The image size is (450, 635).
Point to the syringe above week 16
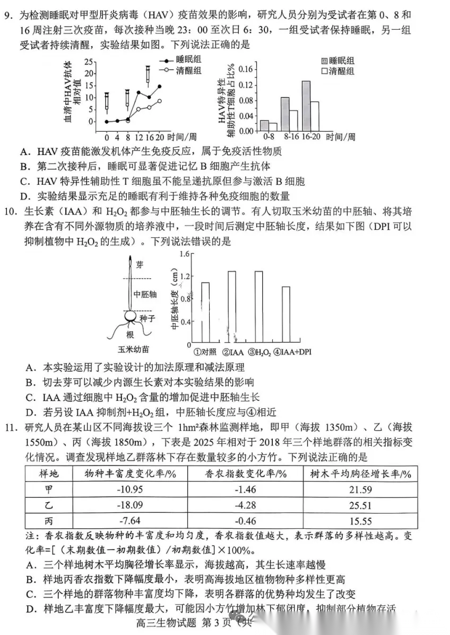[149, 74]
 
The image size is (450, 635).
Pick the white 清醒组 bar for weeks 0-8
[273, 126]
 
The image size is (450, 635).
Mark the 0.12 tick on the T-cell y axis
[246, 85]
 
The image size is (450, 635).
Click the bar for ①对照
[205, 312]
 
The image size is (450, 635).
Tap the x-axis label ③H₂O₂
[259, 350]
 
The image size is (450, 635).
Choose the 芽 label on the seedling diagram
[140, 263]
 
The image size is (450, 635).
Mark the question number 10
[16, 211]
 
